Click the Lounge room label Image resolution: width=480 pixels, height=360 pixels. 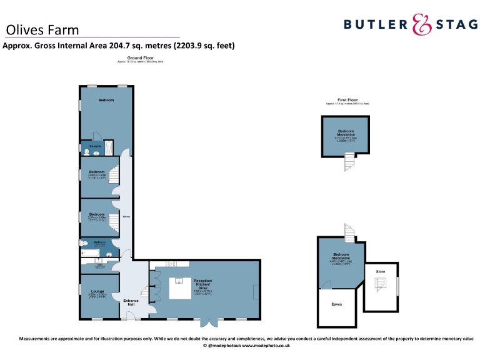(98, 291)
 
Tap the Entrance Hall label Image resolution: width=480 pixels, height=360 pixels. (131, 302)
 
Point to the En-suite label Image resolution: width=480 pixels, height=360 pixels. (95, 146)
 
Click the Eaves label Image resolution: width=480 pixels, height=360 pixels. (337, 304)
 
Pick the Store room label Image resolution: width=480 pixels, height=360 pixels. (381, 272)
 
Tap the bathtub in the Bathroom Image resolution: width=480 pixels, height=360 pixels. (91, 254)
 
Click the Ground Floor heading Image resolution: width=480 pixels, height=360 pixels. (141, 57)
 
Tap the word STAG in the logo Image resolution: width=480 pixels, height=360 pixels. (454, 24)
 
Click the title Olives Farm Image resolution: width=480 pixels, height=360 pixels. (42, 29)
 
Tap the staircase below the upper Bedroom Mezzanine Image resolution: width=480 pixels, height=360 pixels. (348, 163)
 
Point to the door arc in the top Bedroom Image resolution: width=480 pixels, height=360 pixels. (97, 136)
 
